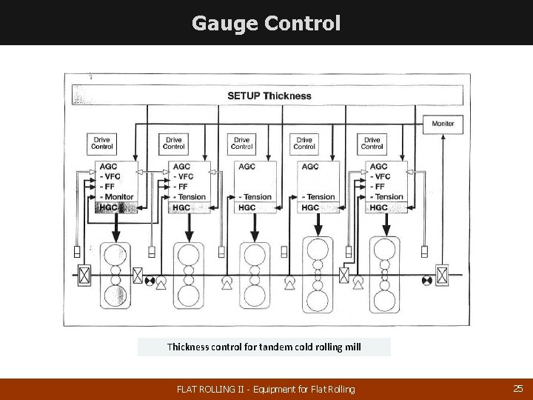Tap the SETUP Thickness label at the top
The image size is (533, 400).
coord(269,96)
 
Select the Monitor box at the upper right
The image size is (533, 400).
coord(443,123)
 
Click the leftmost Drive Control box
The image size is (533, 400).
coord(102,143)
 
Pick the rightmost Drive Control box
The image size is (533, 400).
coord(372,143)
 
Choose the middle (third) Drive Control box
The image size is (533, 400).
coord(242,143)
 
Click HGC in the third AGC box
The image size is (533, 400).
coord(247,207)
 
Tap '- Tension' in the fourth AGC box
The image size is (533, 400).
coord(318,197)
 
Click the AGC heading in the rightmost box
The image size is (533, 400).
coord(378,167)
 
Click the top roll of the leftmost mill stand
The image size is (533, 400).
coord(115,254)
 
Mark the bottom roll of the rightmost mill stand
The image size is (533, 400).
coord(385,301)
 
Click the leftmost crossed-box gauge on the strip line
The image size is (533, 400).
coord(84,276)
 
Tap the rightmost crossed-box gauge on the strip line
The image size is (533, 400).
coord(442,276)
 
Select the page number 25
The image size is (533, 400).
coord(517,388)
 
